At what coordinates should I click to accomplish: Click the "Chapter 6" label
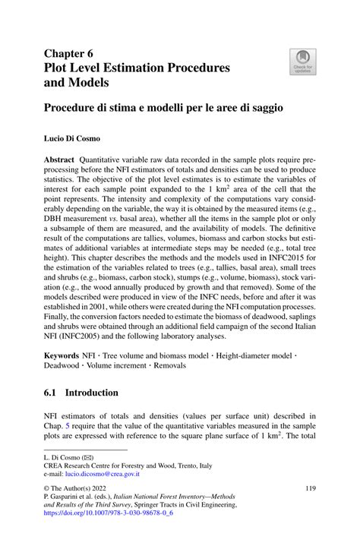(68, 54)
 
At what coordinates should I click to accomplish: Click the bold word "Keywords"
(62, 355)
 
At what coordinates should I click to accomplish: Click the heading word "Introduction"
(91, 393)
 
